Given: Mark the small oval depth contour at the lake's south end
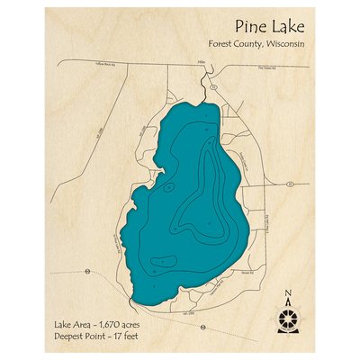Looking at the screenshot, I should point(161,264).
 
